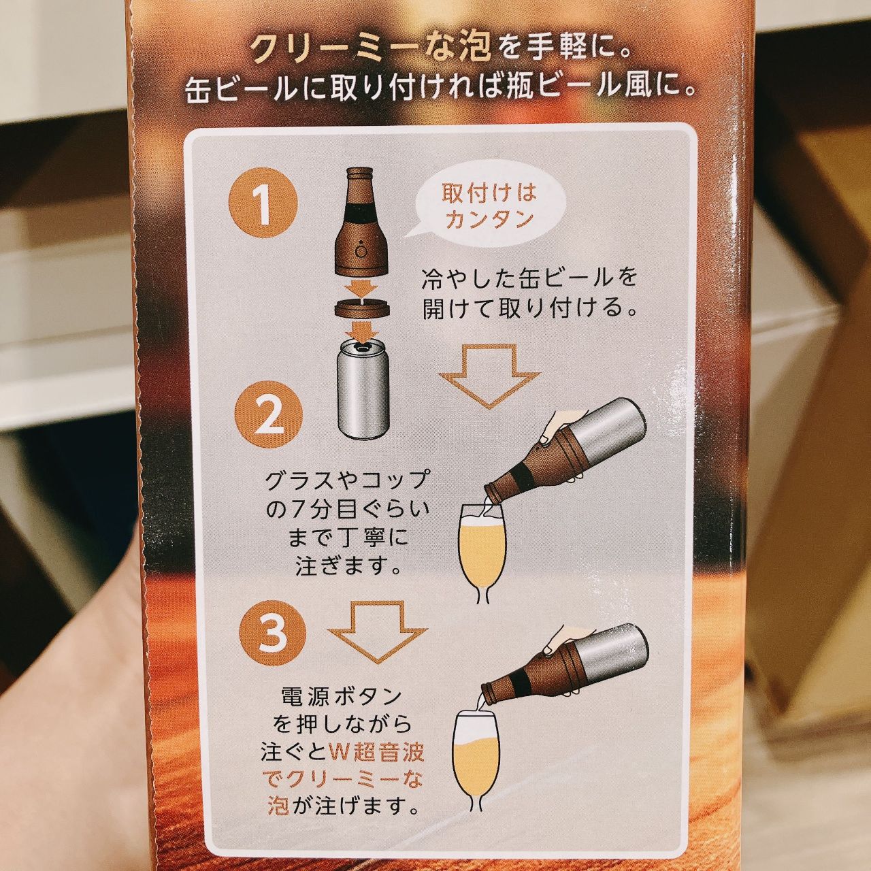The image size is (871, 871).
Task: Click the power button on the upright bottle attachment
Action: pyautogui.click(x=360, y=251)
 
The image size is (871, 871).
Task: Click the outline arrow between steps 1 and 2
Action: pyautogui.click(x=489, y=375)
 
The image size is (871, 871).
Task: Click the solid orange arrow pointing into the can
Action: pyautogui.click(x=365, y=332)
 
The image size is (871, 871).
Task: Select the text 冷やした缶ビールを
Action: pyautogui.click(x=529, y=278)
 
